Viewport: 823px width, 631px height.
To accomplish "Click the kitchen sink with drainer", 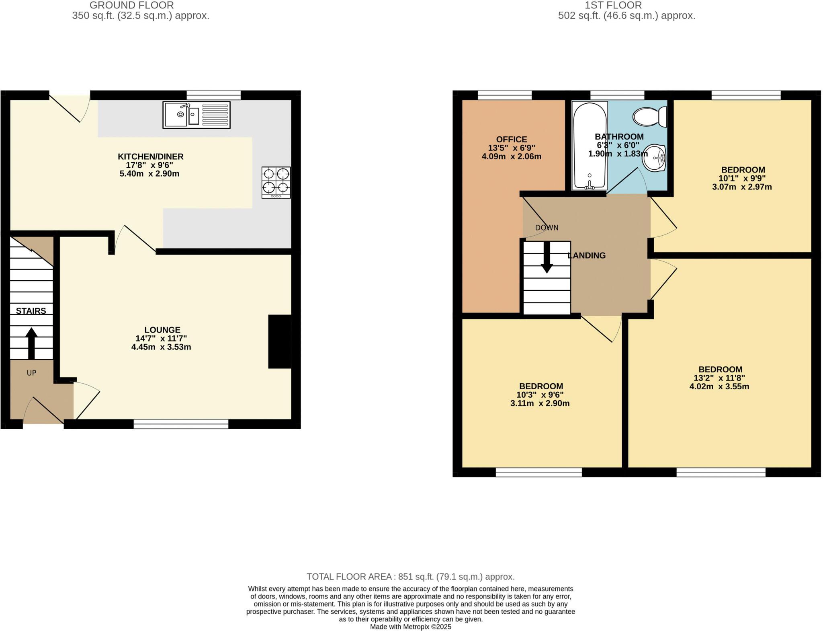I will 196,115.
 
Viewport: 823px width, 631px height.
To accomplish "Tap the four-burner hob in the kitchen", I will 276,182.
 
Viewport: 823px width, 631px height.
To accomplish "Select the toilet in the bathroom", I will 649,117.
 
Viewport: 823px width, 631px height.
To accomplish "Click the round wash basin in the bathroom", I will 654,158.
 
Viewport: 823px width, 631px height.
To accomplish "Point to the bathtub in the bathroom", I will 590,146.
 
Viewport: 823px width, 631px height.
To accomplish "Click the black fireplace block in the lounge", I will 279,341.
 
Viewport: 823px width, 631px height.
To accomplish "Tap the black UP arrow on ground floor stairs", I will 31,343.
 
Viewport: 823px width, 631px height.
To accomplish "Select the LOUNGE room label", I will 162,330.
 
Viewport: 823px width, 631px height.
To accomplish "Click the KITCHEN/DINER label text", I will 150,156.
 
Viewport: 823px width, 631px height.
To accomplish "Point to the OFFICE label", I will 511,140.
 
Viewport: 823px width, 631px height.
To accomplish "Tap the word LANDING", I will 587,255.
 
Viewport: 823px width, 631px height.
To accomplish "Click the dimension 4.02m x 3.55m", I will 719,386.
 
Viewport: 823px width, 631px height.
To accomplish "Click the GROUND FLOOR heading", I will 131,5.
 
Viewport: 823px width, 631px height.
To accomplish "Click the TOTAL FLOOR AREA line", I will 410,576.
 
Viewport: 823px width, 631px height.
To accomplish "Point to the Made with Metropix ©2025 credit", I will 410,627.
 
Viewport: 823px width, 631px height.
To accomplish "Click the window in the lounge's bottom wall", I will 181,424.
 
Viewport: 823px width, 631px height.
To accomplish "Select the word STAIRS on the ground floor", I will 31,310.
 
